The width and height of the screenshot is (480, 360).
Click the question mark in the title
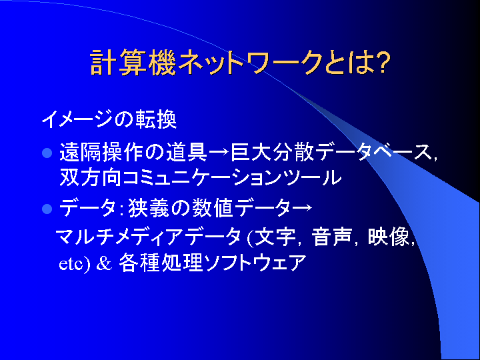pos(383,62)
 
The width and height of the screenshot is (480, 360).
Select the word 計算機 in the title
pos(133,63)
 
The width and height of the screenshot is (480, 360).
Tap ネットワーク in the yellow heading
pos(250,63)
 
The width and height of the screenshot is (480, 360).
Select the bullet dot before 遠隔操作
pos(47,153)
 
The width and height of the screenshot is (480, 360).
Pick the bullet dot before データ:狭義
pos(47,209)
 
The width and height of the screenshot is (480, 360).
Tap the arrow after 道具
pos(219,153)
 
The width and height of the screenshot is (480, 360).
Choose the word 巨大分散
pos(273,152)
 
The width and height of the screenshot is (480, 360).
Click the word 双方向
pos(90,177)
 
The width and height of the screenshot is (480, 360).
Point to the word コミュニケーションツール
pos(232,177)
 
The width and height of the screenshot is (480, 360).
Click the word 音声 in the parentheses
pos(331,237)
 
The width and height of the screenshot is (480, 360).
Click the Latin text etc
pos(71,264)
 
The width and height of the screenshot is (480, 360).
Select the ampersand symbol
pos(104,263)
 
